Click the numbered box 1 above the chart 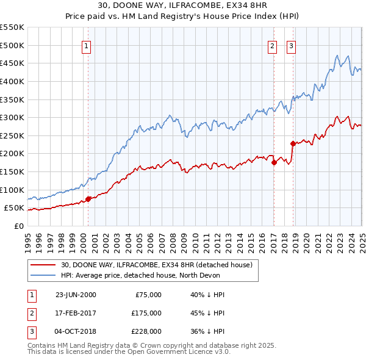[x=86, y=45]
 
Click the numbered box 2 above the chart [x=272, y=45]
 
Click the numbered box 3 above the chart [x=291, y=45]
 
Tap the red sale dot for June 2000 [x=88, y=198]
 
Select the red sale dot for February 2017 [x=274, y=162]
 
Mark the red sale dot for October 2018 [x=293, y=143]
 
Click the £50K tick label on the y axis [x=14, y=208]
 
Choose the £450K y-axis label [x=12, y=63]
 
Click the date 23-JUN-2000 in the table [x=76, y=295]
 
